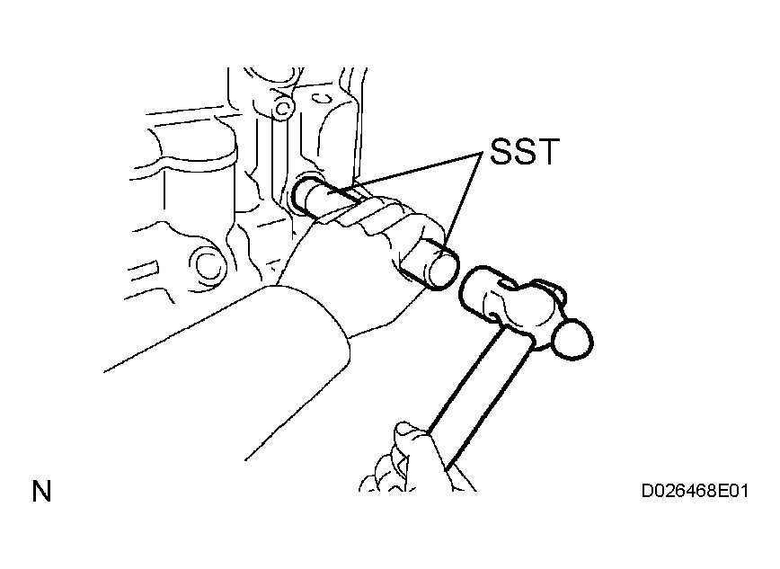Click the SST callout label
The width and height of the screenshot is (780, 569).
pyautogui.click(x=525, y=151)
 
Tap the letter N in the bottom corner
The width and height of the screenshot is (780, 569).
pyautogui.click(x=41, y=492)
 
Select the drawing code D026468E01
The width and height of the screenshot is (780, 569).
pyautogui.click(x=695, y=492)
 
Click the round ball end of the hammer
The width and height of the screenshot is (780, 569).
pyautogui.click(x=572, y=340)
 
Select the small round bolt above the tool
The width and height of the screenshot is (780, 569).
pyautogui.click(x=283, y=107)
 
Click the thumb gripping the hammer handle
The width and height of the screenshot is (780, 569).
pyautogui.click(x=411, y=438)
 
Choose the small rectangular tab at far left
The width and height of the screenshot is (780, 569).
pyautogui.click(x=145, y=269)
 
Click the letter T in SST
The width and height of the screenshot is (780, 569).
pyautogui.click(x=549, y=151)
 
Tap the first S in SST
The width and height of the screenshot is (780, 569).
pyautogui.click(x=501, y=151)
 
